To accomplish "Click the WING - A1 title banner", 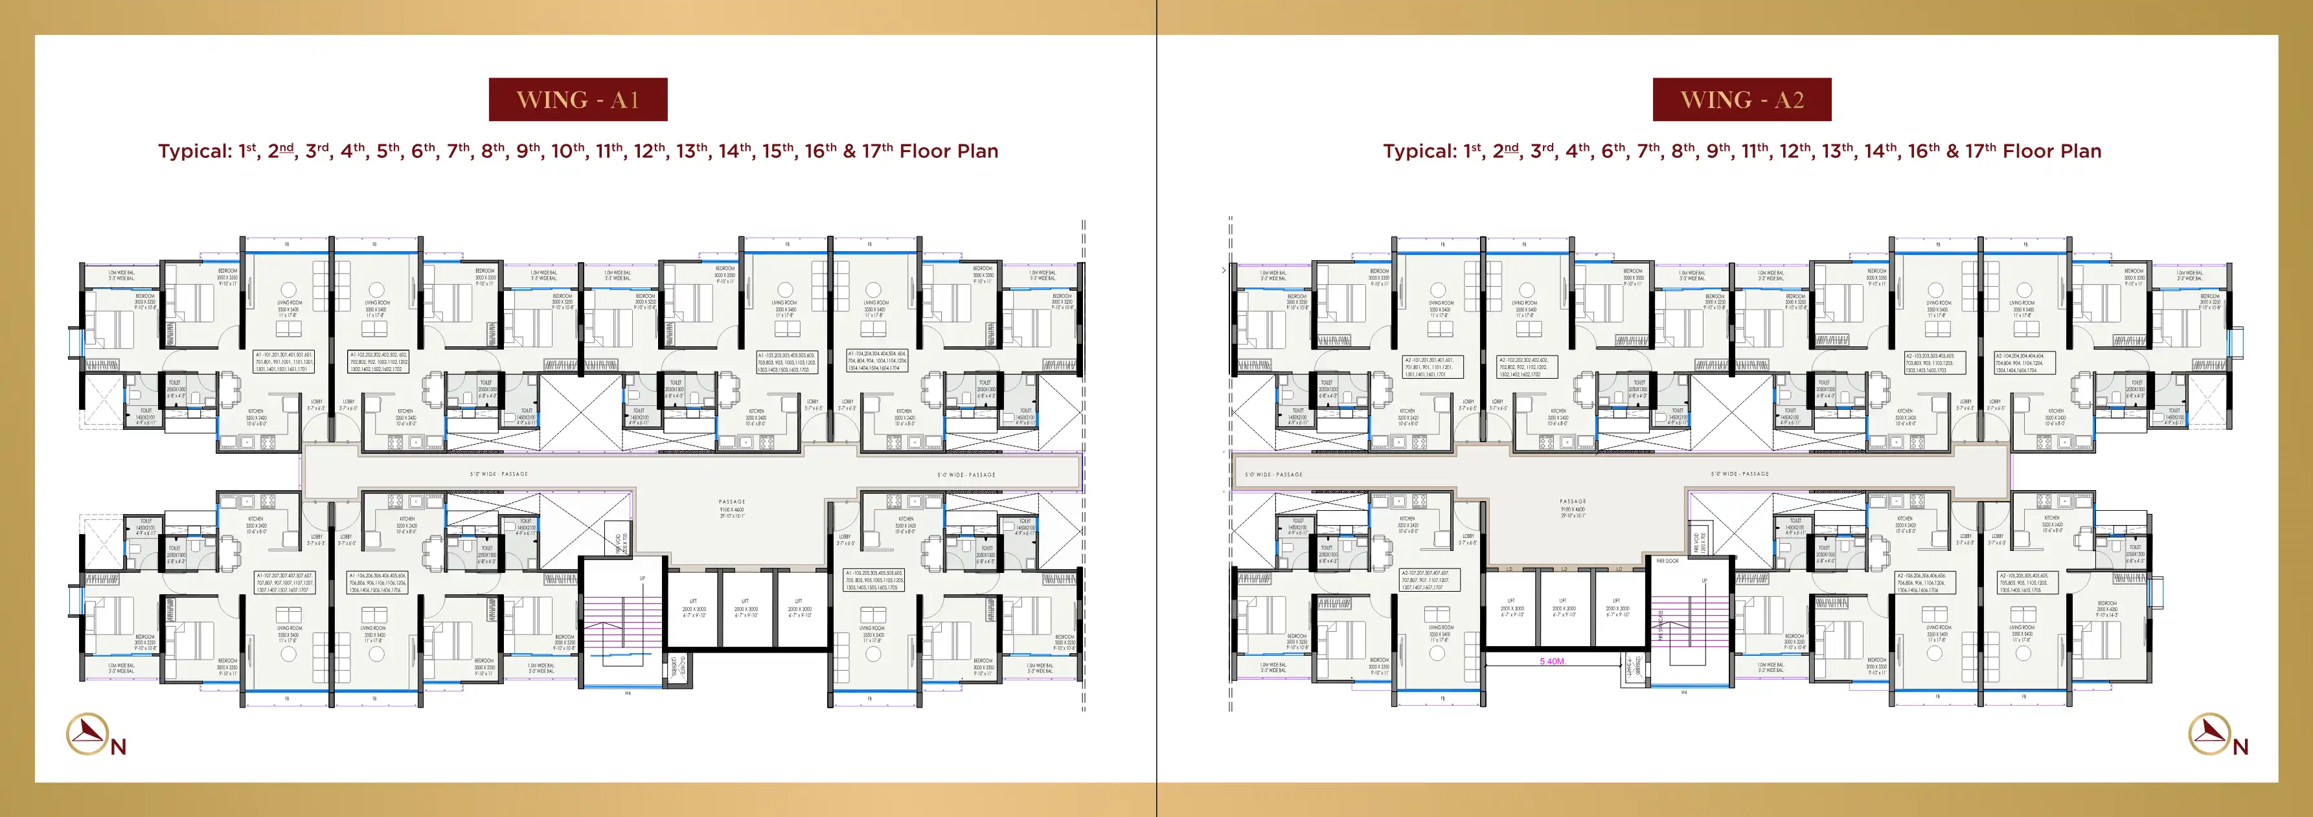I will coord(577,100).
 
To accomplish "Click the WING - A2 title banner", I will coord(1741,100).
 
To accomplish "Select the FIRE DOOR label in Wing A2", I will coord(1667,561).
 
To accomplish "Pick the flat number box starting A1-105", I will coord(874,580).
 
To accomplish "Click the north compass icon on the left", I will coord(87,734).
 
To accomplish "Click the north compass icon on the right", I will coord(2210,734).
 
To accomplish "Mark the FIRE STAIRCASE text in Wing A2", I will coord(1661,624).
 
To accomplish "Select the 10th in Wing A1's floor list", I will coord(567,151).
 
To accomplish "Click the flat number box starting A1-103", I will coord(786,362).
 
